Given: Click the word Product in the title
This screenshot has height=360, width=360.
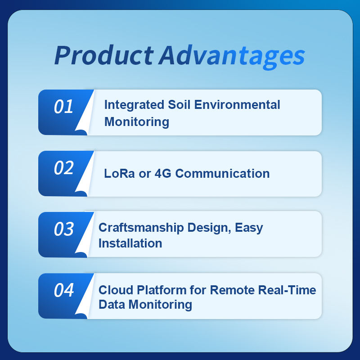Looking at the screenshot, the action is click(104, 55).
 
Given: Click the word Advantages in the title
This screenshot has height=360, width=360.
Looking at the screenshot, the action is click(232, 57).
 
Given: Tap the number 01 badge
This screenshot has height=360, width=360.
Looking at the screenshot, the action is click(63, 107).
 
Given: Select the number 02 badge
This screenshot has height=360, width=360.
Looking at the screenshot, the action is click(63, 168).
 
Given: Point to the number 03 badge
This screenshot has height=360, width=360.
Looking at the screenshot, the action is click(63, 229).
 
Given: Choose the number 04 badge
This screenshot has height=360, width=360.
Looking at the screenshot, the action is click(63, 290).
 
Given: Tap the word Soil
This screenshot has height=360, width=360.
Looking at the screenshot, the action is click(179, 105).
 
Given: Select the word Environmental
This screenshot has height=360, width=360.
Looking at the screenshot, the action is click(237, 105).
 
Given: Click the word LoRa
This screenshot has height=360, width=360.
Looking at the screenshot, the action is click(119, 173).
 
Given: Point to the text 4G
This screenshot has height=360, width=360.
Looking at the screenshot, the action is click(163, 173).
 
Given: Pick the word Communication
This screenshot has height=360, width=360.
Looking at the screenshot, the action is click(222, 173).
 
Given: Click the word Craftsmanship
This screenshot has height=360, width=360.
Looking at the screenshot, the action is click(141, 228).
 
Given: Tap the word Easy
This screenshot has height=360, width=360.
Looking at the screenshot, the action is click(249, 228).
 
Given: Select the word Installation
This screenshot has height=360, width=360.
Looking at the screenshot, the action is click(130, 243).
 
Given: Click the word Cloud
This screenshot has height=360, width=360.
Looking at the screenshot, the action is click(116, 290).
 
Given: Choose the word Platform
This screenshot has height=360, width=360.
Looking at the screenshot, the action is click(162, 290).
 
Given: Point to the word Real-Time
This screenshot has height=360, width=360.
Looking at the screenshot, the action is click(287, 290).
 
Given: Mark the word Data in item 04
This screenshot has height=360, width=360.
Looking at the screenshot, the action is click(112, 305).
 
